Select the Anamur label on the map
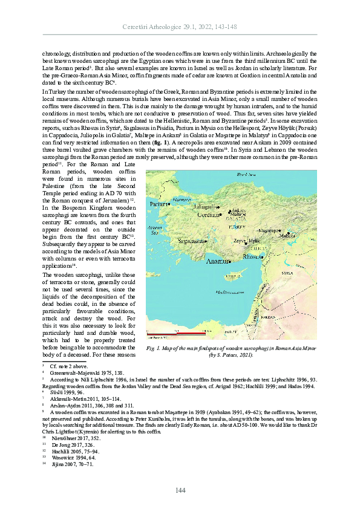click(x=218, y=262)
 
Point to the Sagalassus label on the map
click(x=191, y=240)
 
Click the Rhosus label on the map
click(x=252, y=256)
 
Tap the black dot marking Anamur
click(x=231, y=262)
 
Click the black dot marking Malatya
click(x=288, y=233)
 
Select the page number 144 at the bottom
click(x=180, y=489)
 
